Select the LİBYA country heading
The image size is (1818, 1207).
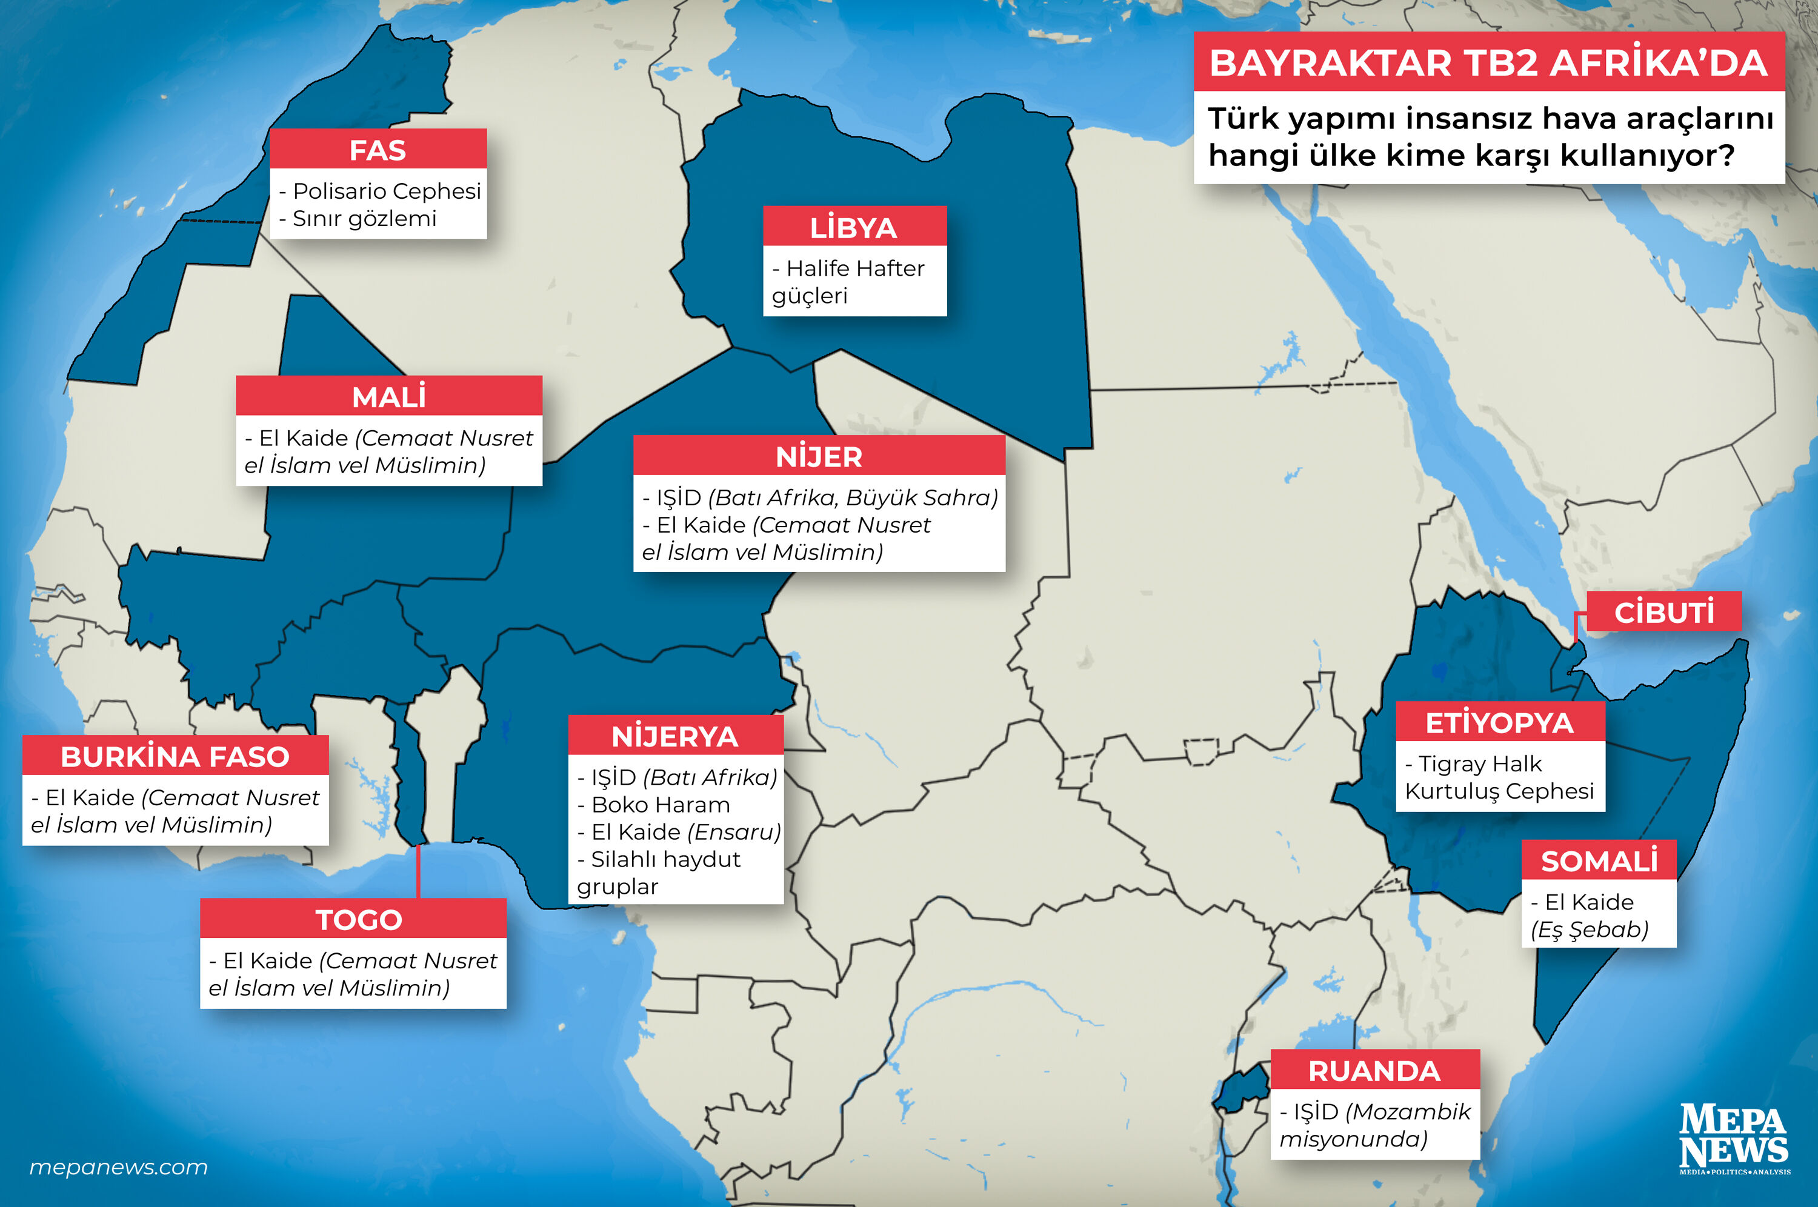tap(854, 227)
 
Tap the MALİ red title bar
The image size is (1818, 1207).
tap(388, 396)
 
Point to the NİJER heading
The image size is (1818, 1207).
tap(818, 456)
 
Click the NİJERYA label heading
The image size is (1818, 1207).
tap(675, 736)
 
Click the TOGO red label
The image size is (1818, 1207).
tap(359, 919)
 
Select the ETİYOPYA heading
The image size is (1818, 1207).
tap(1499, 722)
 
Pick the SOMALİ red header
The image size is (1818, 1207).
tap(1599, 860)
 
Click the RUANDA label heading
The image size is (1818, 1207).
tap(1374, 1070)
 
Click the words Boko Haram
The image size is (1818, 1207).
tap(661, 805)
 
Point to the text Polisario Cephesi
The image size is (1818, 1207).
tap(387, 190)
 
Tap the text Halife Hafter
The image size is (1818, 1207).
tap(854, 268)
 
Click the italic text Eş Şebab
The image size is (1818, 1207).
tap(1590, 929)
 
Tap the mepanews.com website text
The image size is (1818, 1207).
tap(119, 1167)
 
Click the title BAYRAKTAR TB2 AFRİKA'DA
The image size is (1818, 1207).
tap(1488, 62)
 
